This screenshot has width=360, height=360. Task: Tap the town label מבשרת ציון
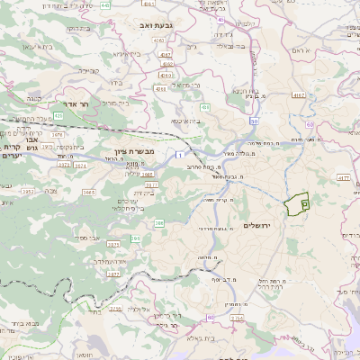point(136,151)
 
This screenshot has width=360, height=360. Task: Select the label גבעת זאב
point(158,26)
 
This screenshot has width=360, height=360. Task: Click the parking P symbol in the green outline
point(304,204)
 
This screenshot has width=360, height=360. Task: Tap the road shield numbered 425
point(58,115)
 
